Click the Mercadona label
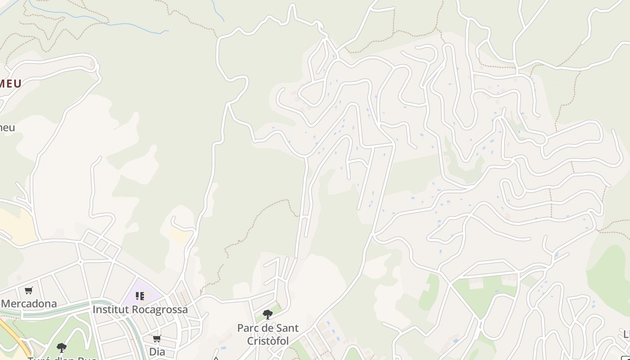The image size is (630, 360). [x=29, y=304]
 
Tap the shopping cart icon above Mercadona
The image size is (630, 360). [x=29, y=291]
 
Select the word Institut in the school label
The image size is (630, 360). [x=110, y=310]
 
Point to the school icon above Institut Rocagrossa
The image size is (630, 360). [x=140, y=296]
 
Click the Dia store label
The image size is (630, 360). [x=157, y=351]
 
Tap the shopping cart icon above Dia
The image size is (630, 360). [x=157, y=338]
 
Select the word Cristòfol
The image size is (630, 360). [x=268, y=341]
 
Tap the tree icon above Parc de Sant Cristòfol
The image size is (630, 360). [x=268, y=315]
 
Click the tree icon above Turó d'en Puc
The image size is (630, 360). [x=62, y=347]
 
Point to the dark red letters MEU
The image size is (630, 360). [x=11, y=84]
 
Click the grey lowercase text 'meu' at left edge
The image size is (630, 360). [x=7, y=127]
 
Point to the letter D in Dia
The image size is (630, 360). [x=152, y=351]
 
